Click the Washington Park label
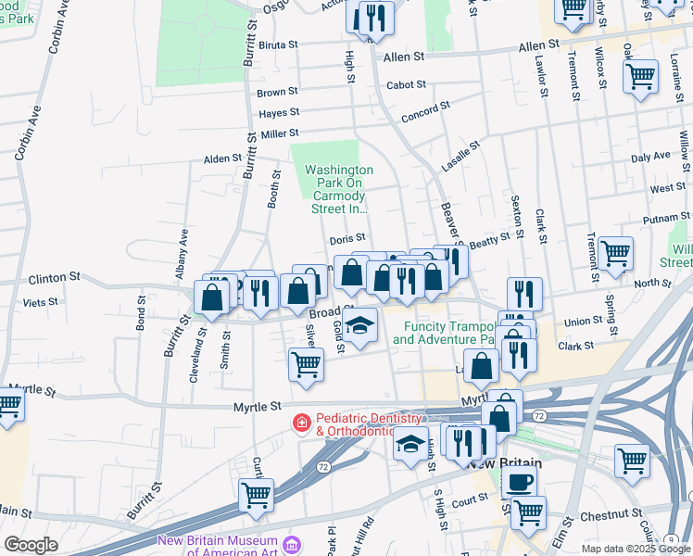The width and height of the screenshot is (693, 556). (339, 190)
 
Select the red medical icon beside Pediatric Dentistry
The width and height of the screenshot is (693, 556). (301, 423)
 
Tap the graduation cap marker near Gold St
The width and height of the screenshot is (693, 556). (359, 325)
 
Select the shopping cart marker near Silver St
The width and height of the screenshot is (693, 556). (306, 363)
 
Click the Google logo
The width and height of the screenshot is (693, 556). (31, 545)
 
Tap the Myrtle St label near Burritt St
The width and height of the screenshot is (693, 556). (257, 407)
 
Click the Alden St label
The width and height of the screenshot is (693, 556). (222, 159)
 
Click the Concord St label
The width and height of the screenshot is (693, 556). (424, 118)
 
